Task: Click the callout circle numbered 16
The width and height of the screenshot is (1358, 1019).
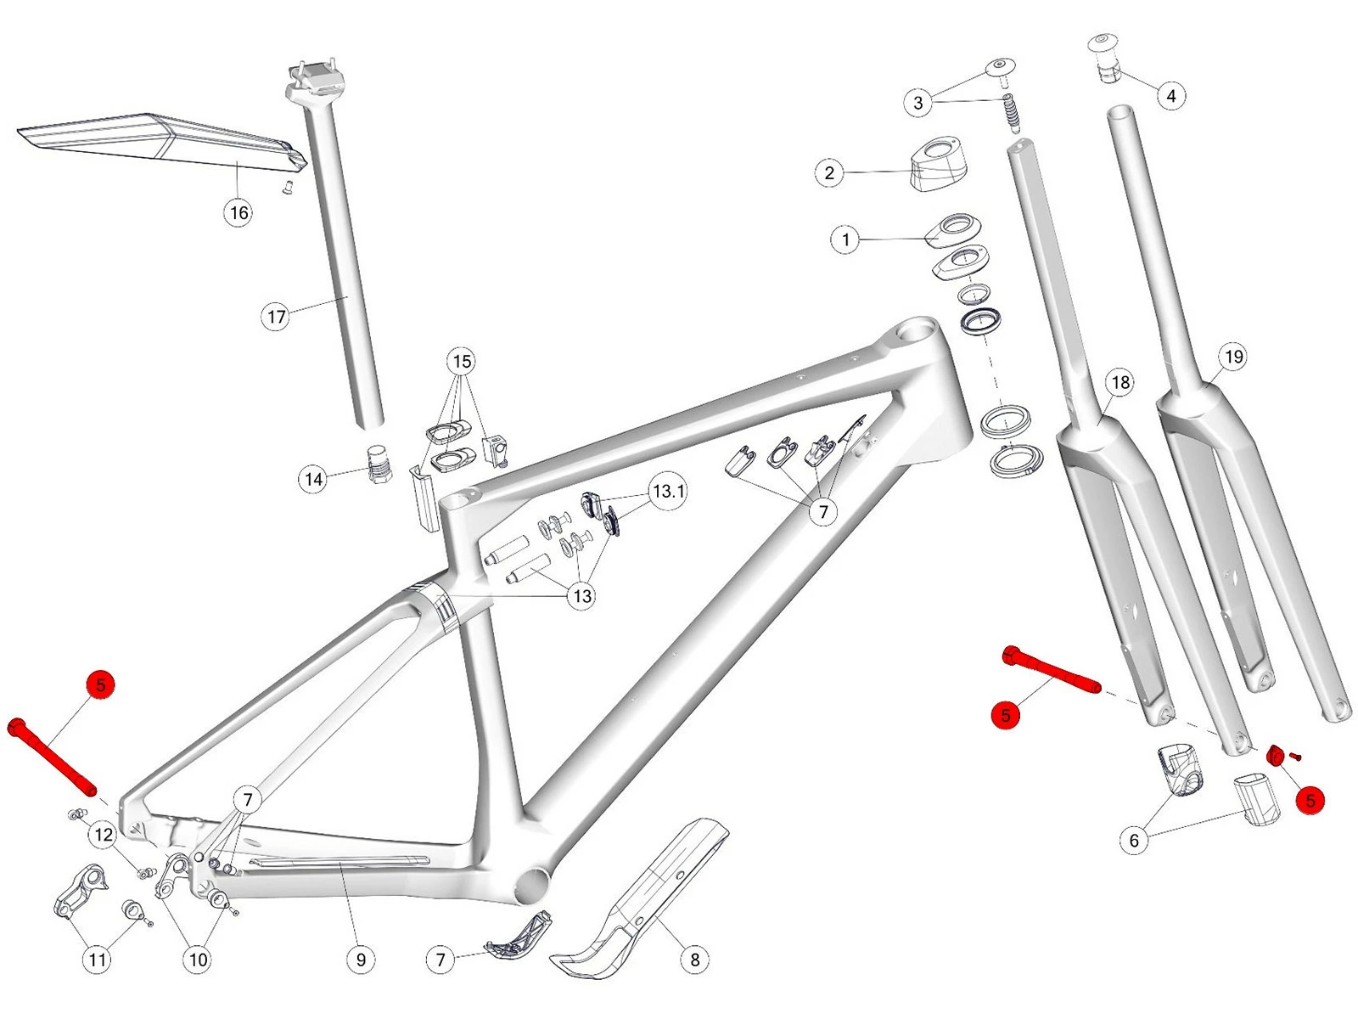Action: pyautogui.click(x=239, y=211)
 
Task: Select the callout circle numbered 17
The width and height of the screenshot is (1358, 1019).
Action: pyautogui.click(x=276, y=317)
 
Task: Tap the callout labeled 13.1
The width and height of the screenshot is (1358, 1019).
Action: pyautogui.click(x=668, y=491)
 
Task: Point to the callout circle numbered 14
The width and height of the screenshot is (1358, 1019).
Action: pyautogui.click(x=314, y=479)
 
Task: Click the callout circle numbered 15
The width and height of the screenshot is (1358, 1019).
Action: pyautogui.click(x=462, y=362)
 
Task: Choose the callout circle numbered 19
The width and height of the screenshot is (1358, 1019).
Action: pyautogui.click(x=1233, y=357)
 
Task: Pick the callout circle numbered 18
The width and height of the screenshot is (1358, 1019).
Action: pyautogui.click(x=1120, y=382)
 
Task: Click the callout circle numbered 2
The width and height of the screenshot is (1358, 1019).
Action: pyautogui.click(x=829, y=173)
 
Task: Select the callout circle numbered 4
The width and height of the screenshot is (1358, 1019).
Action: pyautogui.click(x=1171, y=96)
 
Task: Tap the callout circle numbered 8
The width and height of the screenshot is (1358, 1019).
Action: pyautogui.click(x=695, y=960)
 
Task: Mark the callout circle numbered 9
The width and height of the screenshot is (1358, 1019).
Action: pyautogui.click(x=361, y=960)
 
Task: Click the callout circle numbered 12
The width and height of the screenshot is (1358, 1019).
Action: pyautogui.click(x=104, y=835)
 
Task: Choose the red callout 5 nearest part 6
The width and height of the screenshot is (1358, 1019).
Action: pyautogui.click(x=1310, y=800)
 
